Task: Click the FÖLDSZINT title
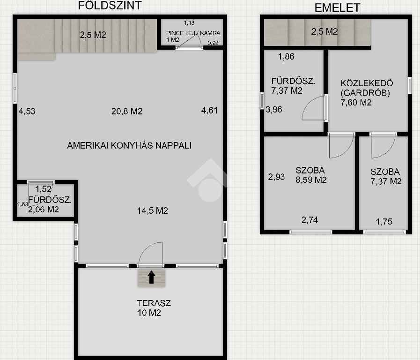(110, 6)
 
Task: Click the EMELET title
(337, 8)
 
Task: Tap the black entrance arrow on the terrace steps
(151, 277)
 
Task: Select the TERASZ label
(154, 303)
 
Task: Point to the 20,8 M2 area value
(127, 111)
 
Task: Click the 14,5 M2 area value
(153, 210)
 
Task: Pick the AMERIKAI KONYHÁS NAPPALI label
(129, 145)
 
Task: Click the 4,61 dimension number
(209, 110)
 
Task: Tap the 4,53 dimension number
(27, 111)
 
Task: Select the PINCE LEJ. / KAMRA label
(193, 33)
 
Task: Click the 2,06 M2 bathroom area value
(44, 210)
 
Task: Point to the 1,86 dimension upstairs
(286, 56)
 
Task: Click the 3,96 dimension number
(274, 109)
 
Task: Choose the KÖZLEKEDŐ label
(367, 83)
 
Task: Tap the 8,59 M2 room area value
(311, 180)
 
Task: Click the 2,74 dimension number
(309, 220)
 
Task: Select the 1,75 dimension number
(384, 222)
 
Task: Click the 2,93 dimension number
(276, 177)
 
